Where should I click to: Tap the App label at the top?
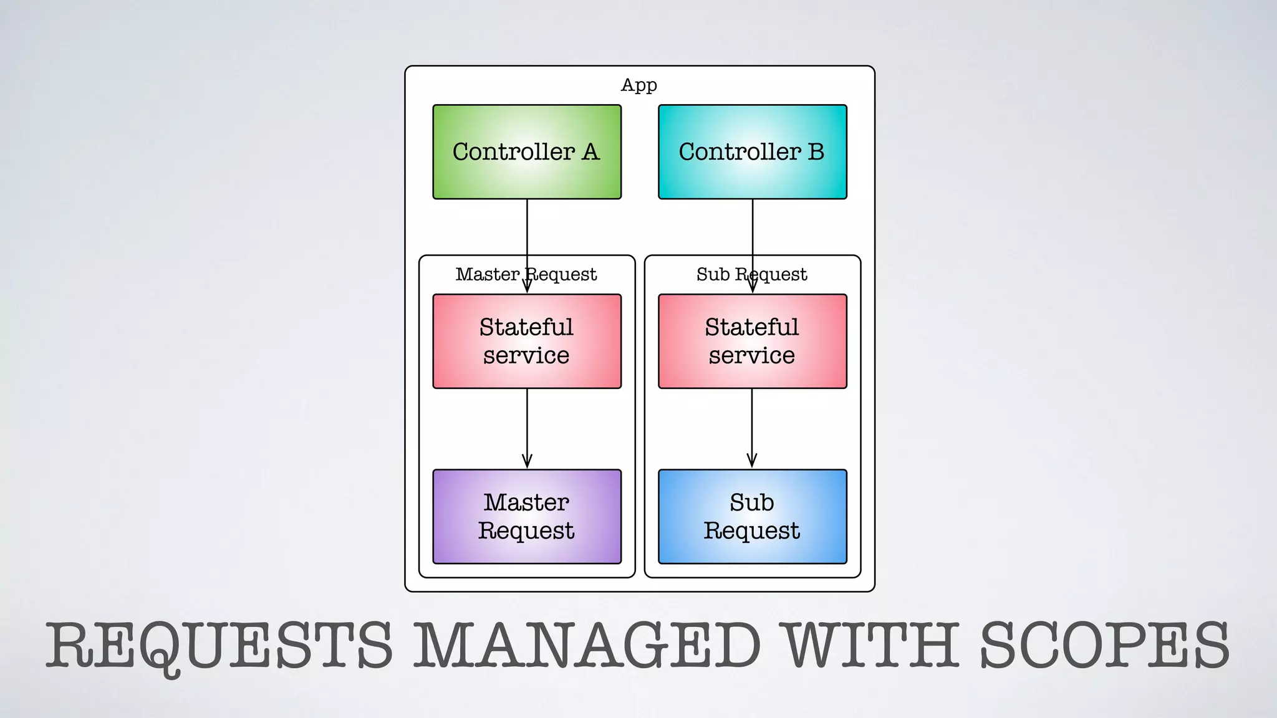click(x=638, y=85)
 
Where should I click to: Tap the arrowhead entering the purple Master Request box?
click(x=527, y=462)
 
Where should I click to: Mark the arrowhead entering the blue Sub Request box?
click(x=752, y=462)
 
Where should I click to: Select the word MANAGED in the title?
click(x=587, y=646)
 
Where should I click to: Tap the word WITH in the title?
click(x=870, y=646)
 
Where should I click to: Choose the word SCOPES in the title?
click(x=1104, y=646)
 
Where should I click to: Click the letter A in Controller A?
click(x=590, y=152)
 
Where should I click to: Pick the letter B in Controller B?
click(x=816, y=152)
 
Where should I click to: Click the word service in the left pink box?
click(x=526, y=356)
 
